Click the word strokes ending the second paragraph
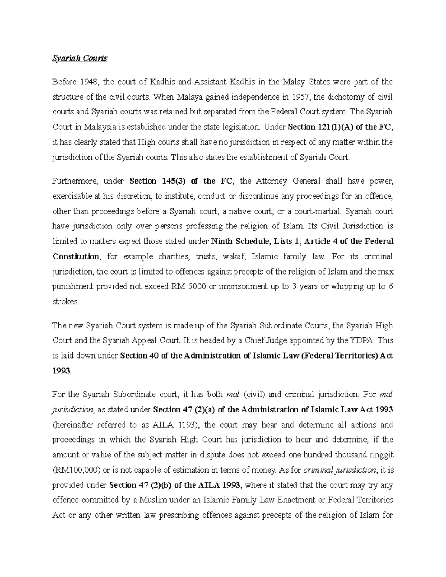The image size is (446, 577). [65, 302]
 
